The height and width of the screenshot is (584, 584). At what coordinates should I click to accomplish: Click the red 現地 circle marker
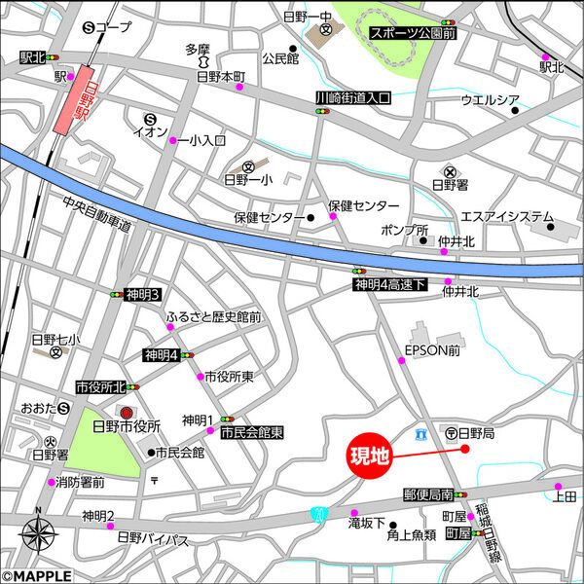[x=370, y=456]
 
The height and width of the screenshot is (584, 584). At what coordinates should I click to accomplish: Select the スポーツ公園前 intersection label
[x=413, y=32]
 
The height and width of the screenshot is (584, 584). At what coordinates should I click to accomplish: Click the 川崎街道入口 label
[x=352, y=98]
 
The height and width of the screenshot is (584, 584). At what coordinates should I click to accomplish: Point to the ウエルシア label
[x=490, y=100]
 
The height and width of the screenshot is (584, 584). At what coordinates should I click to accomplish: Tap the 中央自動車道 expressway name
[x=96, y=215]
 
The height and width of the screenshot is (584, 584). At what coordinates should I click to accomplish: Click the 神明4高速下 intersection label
[x=389, y=284]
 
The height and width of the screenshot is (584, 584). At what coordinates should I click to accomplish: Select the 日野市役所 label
[x=132, y=427]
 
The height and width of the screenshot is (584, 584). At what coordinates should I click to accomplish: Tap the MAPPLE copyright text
[x=37, y=575]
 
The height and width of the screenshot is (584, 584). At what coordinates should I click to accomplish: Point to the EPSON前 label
[x=432, y=350]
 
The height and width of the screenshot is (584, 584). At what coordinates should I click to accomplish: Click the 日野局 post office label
[x=477, y=432]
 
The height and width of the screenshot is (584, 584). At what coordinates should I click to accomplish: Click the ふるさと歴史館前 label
[x=213, y=317]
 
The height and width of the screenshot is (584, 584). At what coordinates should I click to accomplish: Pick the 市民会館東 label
[x=252, y=432]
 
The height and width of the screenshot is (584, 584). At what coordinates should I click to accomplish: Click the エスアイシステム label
[x=506, y=216]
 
